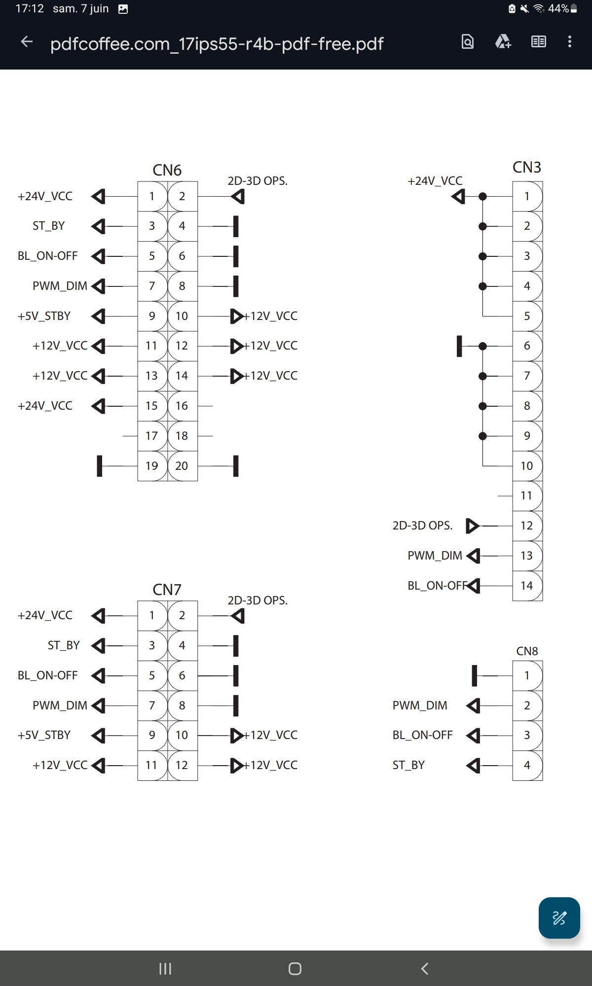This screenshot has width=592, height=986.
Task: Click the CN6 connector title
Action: tap(167, 170)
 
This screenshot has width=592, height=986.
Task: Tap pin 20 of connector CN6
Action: tap(182, 466)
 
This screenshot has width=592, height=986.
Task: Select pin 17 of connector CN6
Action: tap(151, 436)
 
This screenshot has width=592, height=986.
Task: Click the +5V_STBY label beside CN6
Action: tap(44, 316)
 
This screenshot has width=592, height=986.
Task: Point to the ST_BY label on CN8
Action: tap(408, 765)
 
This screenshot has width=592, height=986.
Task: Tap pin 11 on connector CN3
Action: tap(526, 495)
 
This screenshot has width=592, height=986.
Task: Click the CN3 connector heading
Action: tap(527, 168)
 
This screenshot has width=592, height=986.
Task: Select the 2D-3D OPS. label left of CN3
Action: tap(422, 526)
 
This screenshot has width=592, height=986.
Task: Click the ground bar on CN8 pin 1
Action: tap(475, 675)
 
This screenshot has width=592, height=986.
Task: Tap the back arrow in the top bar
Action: tap(27, 42)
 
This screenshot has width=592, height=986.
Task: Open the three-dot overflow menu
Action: tap(570, 42)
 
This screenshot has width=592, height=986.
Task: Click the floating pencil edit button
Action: tap(559, 918)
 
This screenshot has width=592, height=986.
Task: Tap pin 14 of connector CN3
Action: tap(526, 586)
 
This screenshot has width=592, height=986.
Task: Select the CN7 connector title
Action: tap(167, 590)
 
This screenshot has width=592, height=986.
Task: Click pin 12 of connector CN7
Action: tap(182, 765)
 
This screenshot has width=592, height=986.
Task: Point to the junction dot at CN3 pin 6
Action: tap(483, 346)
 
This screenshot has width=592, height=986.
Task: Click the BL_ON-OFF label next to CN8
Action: tap(422, 735)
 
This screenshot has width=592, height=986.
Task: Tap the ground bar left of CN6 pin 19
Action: tap(100, 466)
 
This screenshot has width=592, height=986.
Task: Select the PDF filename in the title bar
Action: tap(217, 44)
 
